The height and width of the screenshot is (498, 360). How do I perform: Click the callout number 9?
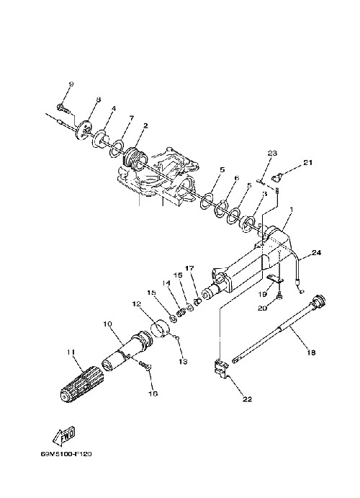coord(71,84)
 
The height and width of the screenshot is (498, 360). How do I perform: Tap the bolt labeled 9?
coord(63,108)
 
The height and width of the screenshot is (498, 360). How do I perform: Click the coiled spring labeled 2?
coord(135,159)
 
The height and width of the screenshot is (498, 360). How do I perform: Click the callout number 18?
coord(312,352)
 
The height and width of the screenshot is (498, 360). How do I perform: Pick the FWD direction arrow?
coord(63,435)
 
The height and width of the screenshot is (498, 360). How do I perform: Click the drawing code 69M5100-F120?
coord(66,454)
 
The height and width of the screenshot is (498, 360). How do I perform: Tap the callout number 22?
coord(247,399)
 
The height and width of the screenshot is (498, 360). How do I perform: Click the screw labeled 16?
coord(145,365)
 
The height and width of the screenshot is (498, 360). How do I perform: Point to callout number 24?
coord(316,253)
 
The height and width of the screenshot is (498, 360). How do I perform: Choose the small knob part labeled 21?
coord(277,177)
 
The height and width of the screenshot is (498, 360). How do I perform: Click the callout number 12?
coord(137,304)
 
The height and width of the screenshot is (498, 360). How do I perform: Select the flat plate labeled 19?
coord(275,278)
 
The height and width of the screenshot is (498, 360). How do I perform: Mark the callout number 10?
coord(107,324)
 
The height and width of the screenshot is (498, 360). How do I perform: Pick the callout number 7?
coord(131,118)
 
